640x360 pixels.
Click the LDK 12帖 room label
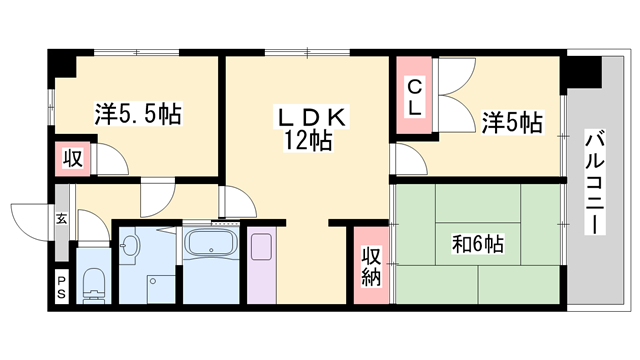[311, 130]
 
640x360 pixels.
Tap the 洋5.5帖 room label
[138, 114]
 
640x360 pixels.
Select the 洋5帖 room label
[512, 122]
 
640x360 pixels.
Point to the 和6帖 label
[478, 244]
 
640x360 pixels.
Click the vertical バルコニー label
[594, 182]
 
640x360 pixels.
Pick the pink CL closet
[414, 95]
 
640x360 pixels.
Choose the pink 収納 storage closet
[371, 265]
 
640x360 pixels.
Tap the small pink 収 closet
[73, 158]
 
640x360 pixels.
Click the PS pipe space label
[61, 287]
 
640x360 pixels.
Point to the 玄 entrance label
[62, 219]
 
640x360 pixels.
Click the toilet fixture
[94, 285]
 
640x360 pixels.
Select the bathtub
[211, 244]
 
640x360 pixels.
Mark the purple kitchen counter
[262, 265]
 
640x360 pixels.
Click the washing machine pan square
[161, 289]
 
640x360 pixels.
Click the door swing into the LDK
[238, 202]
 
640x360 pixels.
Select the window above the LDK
[307, 52]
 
